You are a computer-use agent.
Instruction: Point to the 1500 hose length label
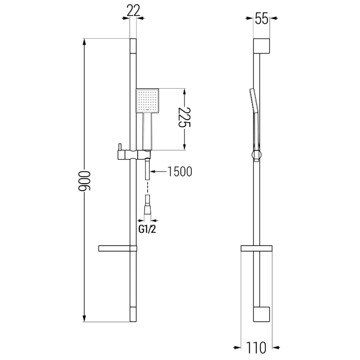[180, 171]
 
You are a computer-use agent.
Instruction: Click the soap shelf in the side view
[256, 248]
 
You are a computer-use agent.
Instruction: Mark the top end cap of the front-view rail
[133, 47]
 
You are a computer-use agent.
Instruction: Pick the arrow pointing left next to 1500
[153, 171]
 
